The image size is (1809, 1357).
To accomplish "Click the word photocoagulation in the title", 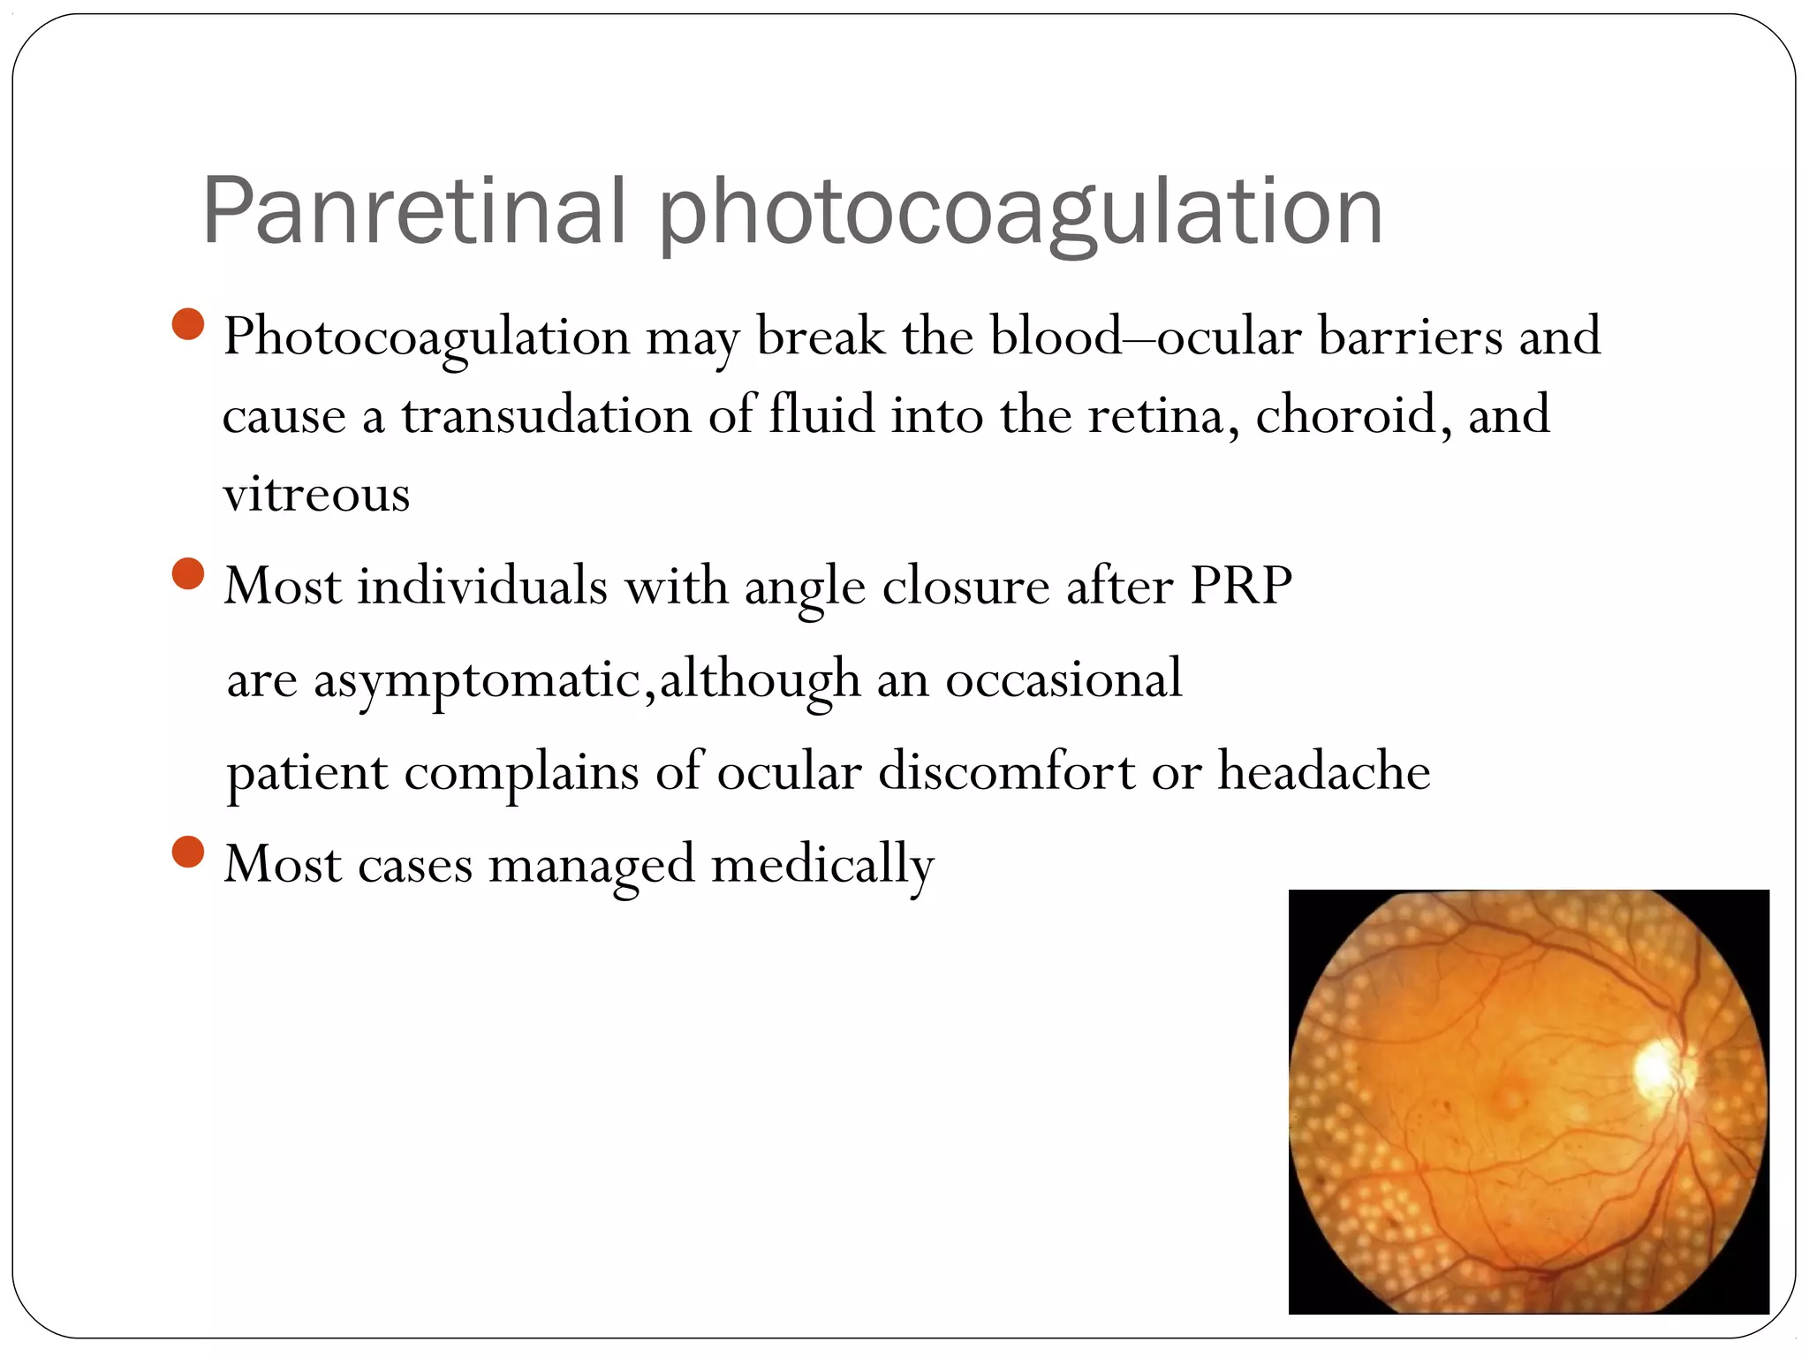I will [x=1020, y=212].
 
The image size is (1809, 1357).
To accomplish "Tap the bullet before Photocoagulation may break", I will [x=188, y=324].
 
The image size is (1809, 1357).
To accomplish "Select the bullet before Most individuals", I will [x=188, y=573].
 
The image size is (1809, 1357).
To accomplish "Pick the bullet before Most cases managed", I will [x=188, y=853].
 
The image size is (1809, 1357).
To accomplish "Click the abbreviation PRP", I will [x=1241, y=585].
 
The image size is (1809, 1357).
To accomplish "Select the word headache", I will [x=1324, y=770].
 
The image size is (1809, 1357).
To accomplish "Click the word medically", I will [x=821, y=864].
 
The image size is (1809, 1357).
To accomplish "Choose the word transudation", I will [x=546, y=414].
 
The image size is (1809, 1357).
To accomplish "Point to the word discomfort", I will [x=1006, y=770].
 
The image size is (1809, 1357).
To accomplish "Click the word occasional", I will [x=1063, y=678].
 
